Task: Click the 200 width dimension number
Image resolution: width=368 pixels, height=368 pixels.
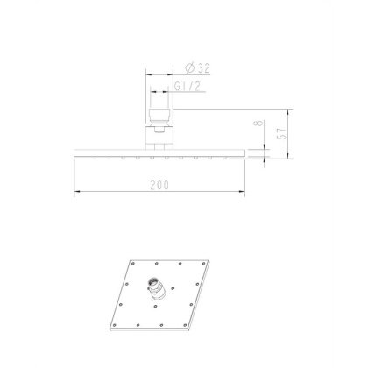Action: click(x=159, y=184)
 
